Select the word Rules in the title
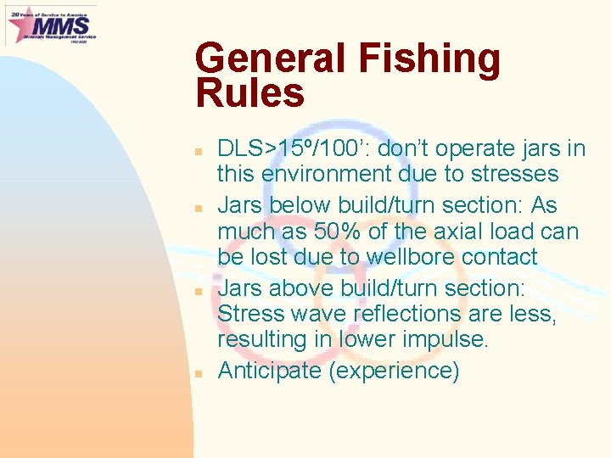(x=249, y=93)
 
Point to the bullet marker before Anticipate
(x=196, y=373)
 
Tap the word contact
(x=501, y=257)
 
